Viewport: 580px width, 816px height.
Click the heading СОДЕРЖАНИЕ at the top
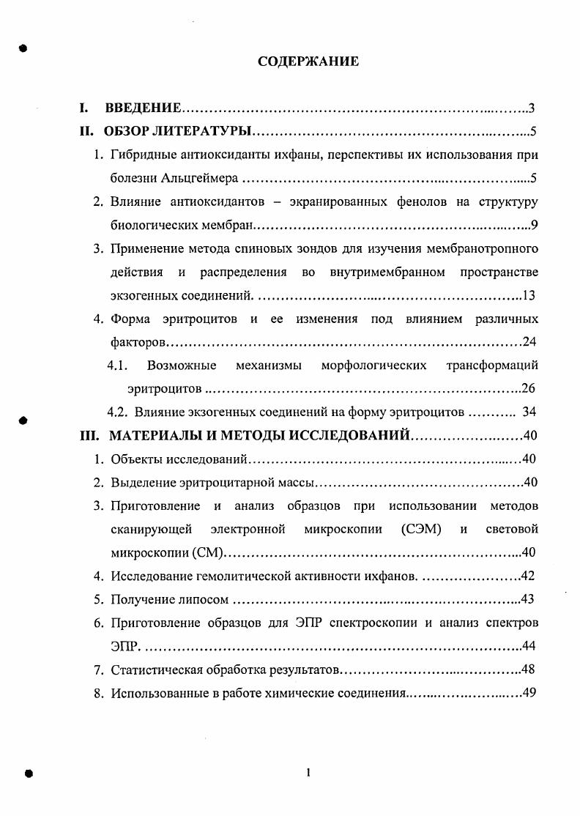click(x=308, y=62)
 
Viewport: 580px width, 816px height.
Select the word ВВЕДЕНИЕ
click(x=144, y=109)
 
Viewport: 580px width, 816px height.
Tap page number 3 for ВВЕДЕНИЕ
click(x=532, y=109)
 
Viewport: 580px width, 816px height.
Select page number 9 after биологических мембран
click(x=535, y=224)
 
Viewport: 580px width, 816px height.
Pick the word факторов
click(x=138, y=342)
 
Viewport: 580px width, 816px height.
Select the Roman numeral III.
click(x=90, y=436)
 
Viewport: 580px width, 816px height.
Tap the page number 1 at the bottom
click(x=309, y=772)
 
